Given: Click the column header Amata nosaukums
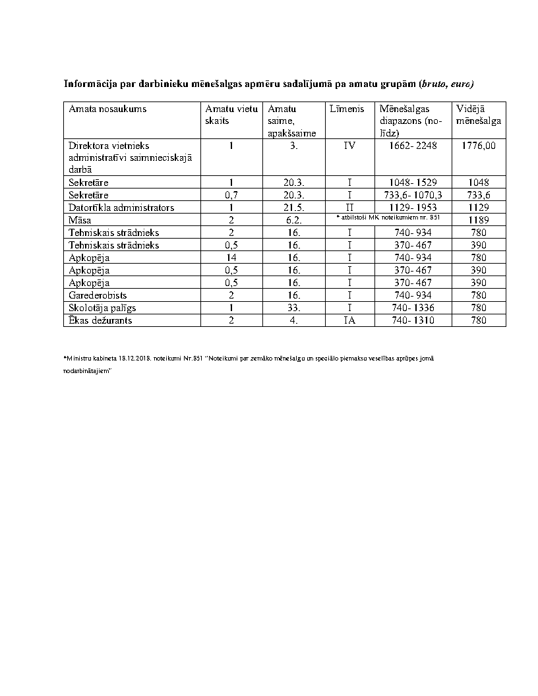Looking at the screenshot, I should pyautogui.click(x=107, y=109).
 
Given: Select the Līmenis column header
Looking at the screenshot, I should pyautogui.click(x=346, y=109).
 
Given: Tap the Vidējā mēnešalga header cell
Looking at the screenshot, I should pyautogui.click(x=478, y=115).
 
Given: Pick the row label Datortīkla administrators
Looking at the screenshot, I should pyautogui.click(x=121, y=208).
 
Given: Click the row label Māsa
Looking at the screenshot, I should pyautogui.click(x=80, y=220).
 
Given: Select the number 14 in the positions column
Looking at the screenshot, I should pyautogui.click(x=231, y=258).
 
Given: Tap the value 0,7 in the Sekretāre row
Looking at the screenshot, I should pyautogui.click(x=231, y=195).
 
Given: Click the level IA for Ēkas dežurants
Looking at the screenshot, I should pyautogui.click(x=349, y=320).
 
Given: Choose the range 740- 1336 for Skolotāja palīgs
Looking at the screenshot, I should pyautogui.click(x=413, y=308).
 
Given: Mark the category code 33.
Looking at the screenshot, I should pyautogui.click(x=294, y=308).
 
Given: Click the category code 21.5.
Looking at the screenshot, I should pyautogui.click(x=294, y=208).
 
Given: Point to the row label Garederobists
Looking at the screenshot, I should pyautogui.click(x=98, y=295).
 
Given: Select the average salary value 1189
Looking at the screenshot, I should pyautogui.click(x=479, y=220).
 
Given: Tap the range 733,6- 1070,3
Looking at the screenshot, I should pyautogui.click(x=413, y=195).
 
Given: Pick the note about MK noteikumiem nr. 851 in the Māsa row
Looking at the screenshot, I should pyautogui.click(x=388, y=217).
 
